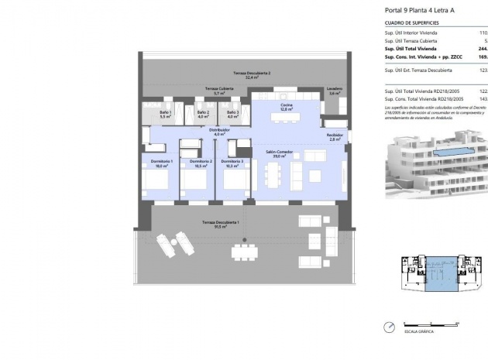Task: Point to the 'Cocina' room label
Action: tap(285, 106)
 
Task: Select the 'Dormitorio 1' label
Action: tap(161, 163)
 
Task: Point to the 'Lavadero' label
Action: tap(335, 90)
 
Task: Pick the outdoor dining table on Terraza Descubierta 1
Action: tap(246, 250)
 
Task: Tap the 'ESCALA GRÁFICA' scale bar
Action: tap(422, 325)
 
